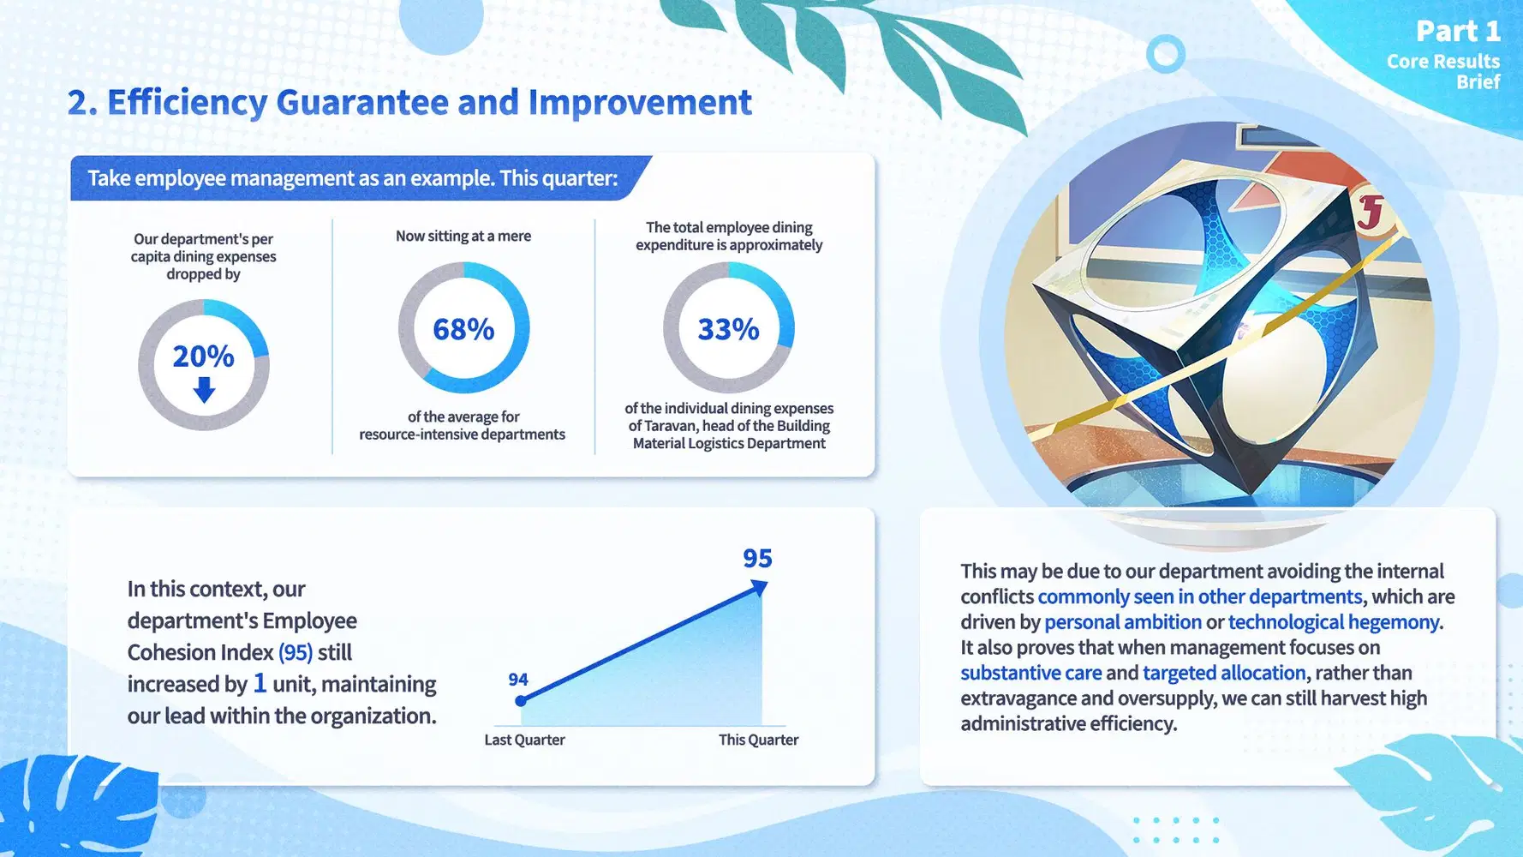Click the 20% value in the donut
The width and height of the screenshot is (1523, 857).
203,356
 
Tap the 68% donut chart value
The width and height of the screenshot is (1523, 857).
463,329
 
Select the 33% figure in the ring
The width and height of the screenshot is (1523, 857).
728,329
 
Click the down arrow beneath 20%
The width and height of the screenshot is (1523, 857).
204,390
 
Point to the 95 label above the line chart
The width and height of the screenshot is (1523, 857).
757,559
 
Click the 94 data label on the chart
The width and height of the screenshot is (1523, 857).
517,680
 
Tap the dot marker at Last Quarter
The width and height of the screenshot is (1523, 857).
521,701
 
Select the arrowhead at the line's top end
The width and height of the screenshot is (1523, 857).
759,588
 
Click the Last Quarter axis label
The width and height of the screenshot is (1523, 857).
524,740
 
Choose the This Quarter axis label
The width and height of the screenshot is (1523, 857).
758,740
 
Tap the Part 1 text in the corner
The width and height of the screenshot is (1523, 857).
1458,32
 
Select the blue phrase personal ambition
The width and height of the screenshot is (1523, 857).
1123,622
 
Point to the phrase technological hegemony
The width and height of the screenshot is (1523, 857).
1334,622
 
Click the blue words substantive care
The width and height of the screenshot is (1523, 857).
1031,673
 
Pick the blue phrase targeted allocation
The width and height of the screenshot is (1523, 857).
1224,673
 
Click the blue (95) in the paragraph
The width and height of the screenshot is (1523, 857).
296,653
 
